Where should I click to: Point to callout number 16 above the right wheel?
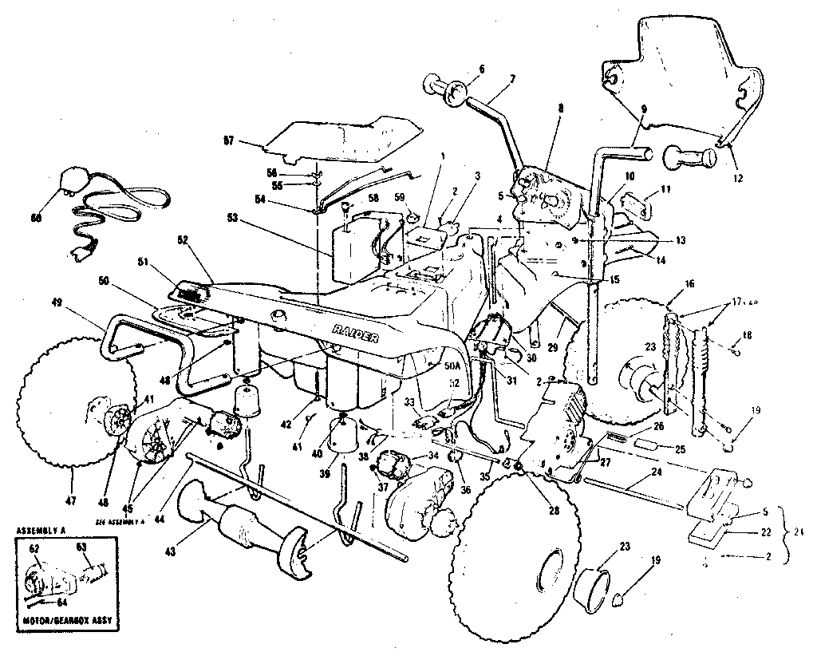point(688,283)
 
